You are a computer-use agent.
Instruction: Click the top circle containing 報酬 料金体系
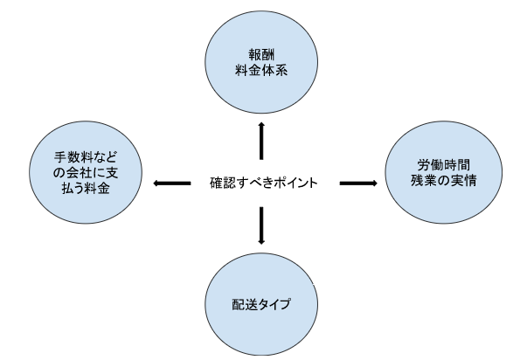[x=261, y=62]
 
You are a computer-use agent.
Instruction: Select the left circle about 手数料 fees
[x=86, y=172]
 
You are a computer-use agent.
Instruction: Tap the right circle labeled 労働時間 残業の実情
[x=444, y=172]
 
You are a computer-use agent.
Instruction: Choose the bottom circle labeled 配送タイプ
[x=261, y=304]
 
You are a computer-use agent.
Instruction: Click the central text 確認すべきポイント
[x=264, y=183]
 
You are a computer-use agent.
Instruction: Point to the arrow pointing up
[x=261, y=141]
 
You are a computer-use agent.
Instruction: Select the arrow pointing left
[x=172, y=183]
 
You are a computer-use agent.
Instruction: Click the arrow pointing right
[x=358, y=183]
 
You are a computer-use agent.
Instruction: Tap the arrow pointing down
[x=261, y=225]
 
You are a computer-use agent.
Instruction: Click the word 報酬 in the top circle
[x=261, y=54]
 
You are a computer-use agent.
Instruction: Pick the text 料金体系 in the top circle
[x=261, y=70]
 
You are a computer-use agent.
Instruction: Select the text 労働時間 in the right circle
[x=444, y=165]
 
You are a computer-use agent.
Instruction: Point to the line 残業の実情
[x=444, y=181]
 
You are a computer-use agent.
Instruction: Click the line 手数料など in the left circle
[x=86, y=157]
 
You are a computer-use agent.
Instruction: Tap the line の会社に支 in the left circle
[x=86, y=173]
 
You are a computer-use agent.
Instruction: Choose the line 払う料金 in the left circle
[x=86, y=188]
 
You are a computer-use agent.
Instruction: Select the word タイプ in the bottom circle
[x=274, y=304]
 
